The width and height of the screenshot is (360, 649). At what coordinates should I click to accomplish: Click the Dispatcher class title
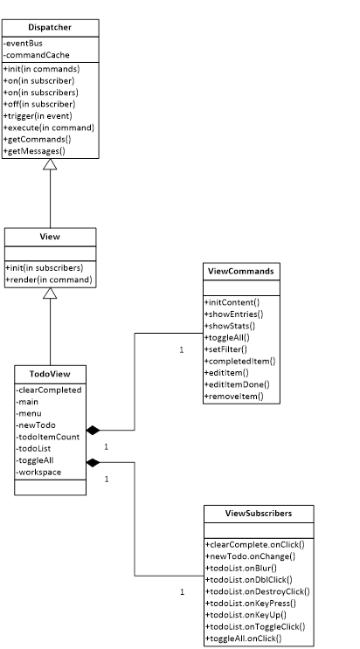coord(50,27)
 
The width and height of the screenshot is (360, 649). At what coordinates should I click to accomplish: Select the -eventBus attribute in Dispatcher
coord(23,43)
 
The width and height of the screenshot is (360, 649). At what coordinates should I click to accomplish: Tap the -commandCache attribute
coord(37,55)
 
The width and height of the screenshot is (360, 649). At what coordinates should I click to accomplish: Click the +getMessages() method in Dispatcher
coord(34,151)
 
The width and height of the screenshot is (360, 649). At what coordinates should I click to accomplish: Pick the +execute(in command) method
coord(49,128)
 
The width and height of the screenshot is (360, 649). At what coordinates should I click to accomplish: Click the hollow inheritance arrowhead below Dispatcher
coord(50,164)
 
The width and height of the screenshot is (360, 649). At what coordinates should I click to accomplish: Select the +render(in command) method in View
coord(49,280)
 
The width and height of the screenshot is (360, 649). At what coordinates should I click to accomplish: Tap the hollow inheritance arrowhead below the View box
coord(50,293)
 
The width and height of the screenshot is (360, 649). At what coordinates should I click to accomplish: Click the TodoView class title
coord(50,374)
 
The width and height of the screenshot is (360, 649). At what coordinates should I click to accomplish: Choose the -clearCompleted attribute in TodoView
coord(49,390)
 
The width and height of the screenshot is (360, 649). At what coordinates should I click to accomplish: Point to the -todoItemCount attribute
coord(48,437)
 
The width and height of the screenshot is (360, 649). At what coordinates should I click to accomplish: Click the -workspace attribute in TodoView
coord(38,472)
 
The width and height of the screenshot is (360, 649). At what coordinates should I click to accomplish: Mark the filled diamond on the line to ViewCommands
coord(93,430)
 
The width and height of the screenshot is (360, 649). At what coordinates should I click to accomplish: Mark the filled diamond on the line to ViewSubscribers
coord(93,462)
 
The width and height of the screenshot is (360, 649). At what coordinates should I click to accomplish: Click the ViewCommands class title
coord(241,272)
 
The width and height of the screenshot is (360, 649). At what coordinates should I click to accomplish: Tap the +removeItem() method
coord(234,396)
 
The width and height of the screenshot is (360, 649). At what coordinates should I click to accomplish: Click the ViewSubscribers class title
coord(259,514)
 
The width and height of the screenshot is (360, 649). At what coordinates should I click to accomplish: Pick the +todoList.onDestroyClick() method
coord(258,591)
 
